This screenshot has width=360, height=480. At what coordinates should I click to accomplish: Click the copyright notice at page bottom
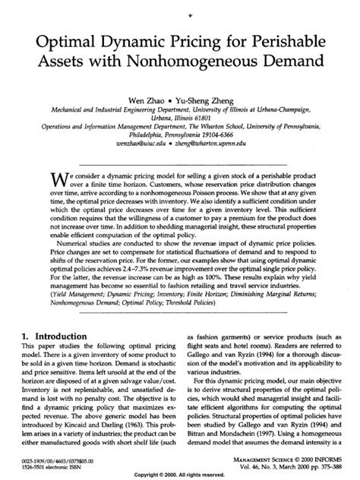pos(179,475)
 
